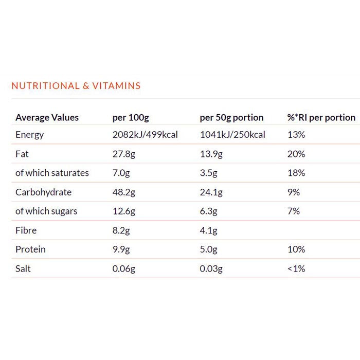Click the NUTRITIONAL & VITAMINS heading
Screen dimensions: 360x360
76,86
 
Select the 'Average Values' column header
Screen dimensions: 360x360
47,117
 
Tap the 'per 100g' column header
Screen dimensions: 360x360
131,117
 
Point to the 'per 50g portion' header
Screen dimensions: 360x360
231,117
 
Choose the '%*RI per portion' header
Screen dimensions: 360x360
321,117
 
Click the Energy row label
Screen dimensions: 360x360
30,135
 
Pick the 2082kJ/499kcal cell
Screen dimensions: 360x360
145,135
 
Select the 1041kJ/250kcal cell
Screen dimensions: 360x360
232,135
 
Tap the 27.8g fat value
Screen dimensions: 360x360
124,154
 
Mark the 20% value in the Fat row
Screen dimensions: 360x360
296,154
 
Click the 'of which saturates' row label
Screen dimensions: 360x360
52,173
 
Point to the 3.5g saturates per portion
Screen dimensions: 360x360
209,173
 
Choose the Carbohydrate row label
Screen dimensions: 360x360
43,192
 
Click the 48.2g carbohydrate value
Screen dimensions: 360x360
124,192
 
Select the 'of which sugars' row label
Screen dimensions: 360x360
46,211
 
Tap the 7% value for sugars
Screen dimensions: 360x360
294,211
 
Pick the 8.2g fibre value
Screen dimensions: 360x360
121,230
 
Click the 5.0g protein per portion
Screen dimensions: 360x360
209,249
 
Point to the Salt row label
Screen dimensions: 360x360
23,268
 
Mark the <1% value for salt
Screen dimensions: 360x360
296,268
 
